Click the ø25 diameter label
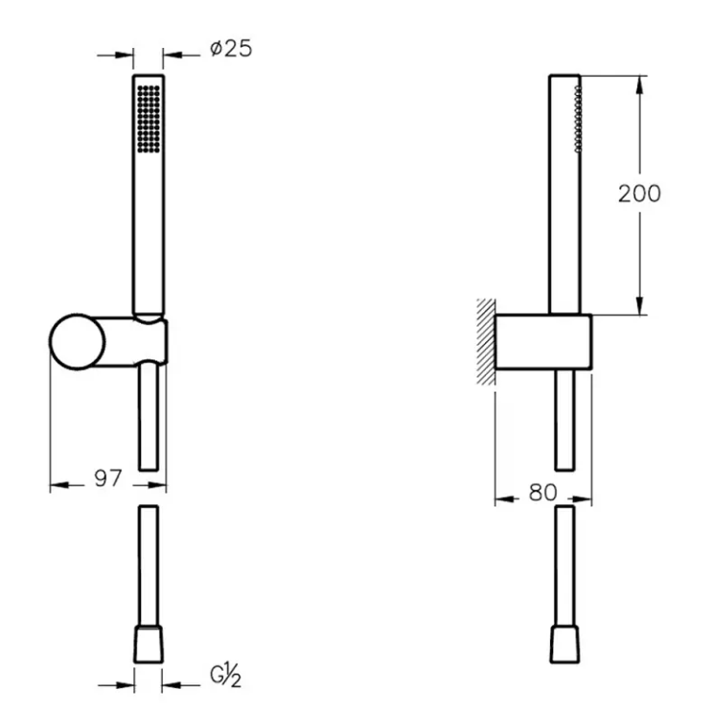coord(231,49)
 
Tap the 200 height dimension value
coord(639,194)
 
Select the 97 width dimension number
coord(108,478)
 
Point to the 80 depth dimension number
coord(543,493)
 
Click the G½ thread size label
coord(225,676)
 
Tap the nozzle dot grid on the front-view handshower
coord(149,119)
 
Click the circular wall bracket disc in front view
coord(78,341)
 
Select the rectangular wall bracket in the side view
coord(543,341)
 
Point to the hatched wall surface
coord(486,341)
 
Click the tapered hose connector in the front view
coord(149,644)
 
